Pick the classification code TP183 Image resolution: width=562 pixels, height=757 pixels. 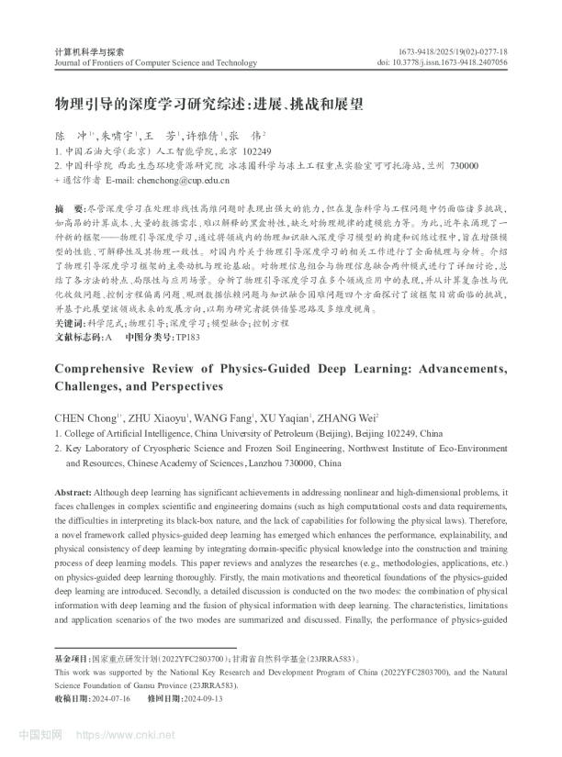[x=186, y=337]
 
